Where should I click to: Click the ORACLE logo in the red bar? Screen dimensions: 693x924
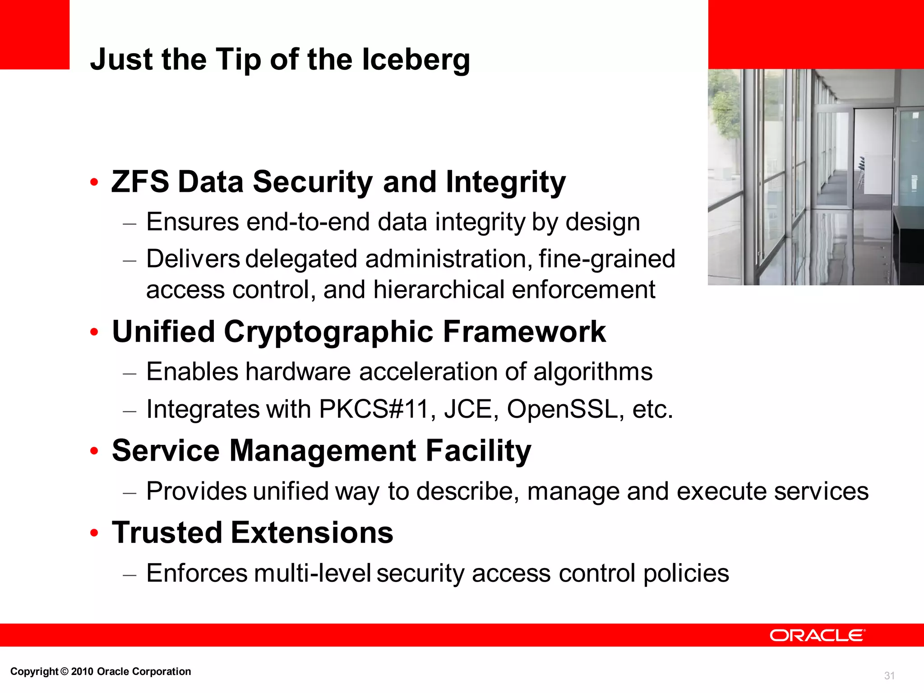[817, 635]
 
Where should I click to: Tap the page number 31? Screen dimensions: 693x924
[889, 675]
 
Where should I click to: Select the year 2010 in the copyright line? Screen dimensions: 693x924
[82, 671]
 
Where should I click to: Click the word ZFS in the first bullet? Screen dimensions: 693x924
[140, 182]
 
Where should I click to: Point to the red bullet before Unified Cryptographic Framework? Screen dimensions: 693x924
[94, 332]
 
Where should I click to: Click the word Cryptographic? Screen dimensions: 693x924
[328, 332]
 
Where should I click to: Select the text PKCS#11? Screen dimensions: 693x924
[374, 409]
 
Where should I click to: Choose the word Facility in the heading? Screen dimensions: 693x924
[478, 451]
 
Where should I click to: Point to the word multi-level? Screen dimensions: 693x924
[312, 573]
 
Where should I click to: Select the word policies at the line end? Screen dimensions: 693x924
[686, 573]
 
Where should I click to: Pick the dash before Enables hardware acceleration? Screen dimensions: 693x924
[129, 373]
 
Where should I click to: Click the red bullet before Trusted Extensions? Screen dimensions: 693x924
[94, 533]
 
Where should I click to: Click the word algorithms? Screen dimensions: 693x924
[593, 372]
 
